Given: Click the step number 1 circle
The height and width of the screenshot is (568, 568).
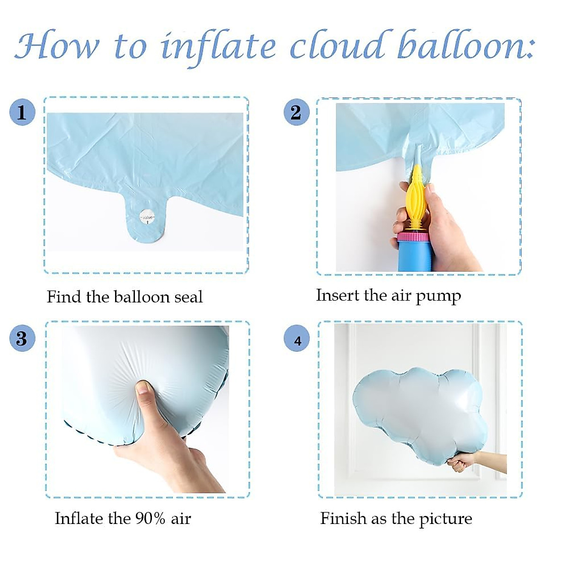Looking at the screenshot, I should tap(22, 112).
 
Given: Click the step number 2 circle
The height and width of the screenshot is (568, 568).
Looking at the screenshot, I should tap(296, 112).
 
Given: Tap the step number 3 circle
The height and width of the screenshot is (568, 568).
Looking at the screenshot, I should tap(22, 338).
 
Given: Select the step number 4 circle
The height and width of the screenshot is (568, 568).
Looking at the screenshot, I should tap(297, 340).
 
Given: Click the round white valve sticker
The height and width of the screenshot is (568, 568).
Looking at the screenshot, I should tap(147, 218).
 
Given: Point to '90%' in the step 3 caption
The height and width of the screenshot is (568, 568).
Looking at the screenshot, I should tap(150, 518).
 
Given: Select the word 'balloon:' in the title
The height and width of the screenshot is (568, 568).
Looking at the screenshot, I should tap(466, 46).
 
